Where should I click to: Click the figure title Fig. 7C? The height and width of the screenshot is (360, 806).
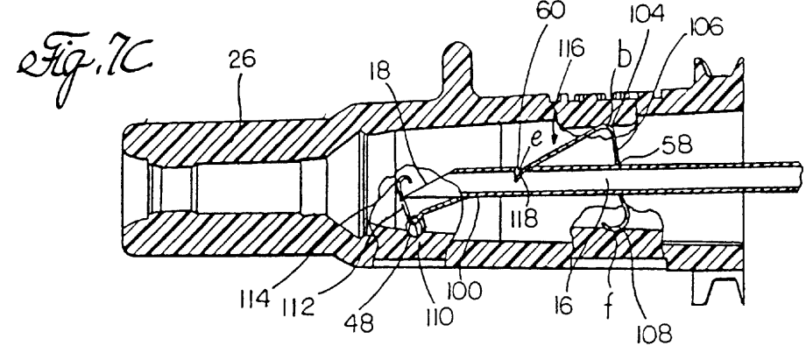point(85,71)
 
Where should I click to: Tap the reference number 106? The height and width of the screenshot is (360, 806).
point(704,27)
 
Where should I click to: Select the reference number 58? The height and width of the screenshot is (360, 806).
point(678,146)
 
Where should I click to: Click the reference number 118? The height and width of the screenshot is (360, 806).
point(523,219)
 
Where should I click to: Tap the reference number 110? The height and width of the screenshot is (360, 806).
point(436,316)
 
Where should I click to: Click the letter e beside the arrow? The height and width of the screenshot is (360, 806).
point(537,140)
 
